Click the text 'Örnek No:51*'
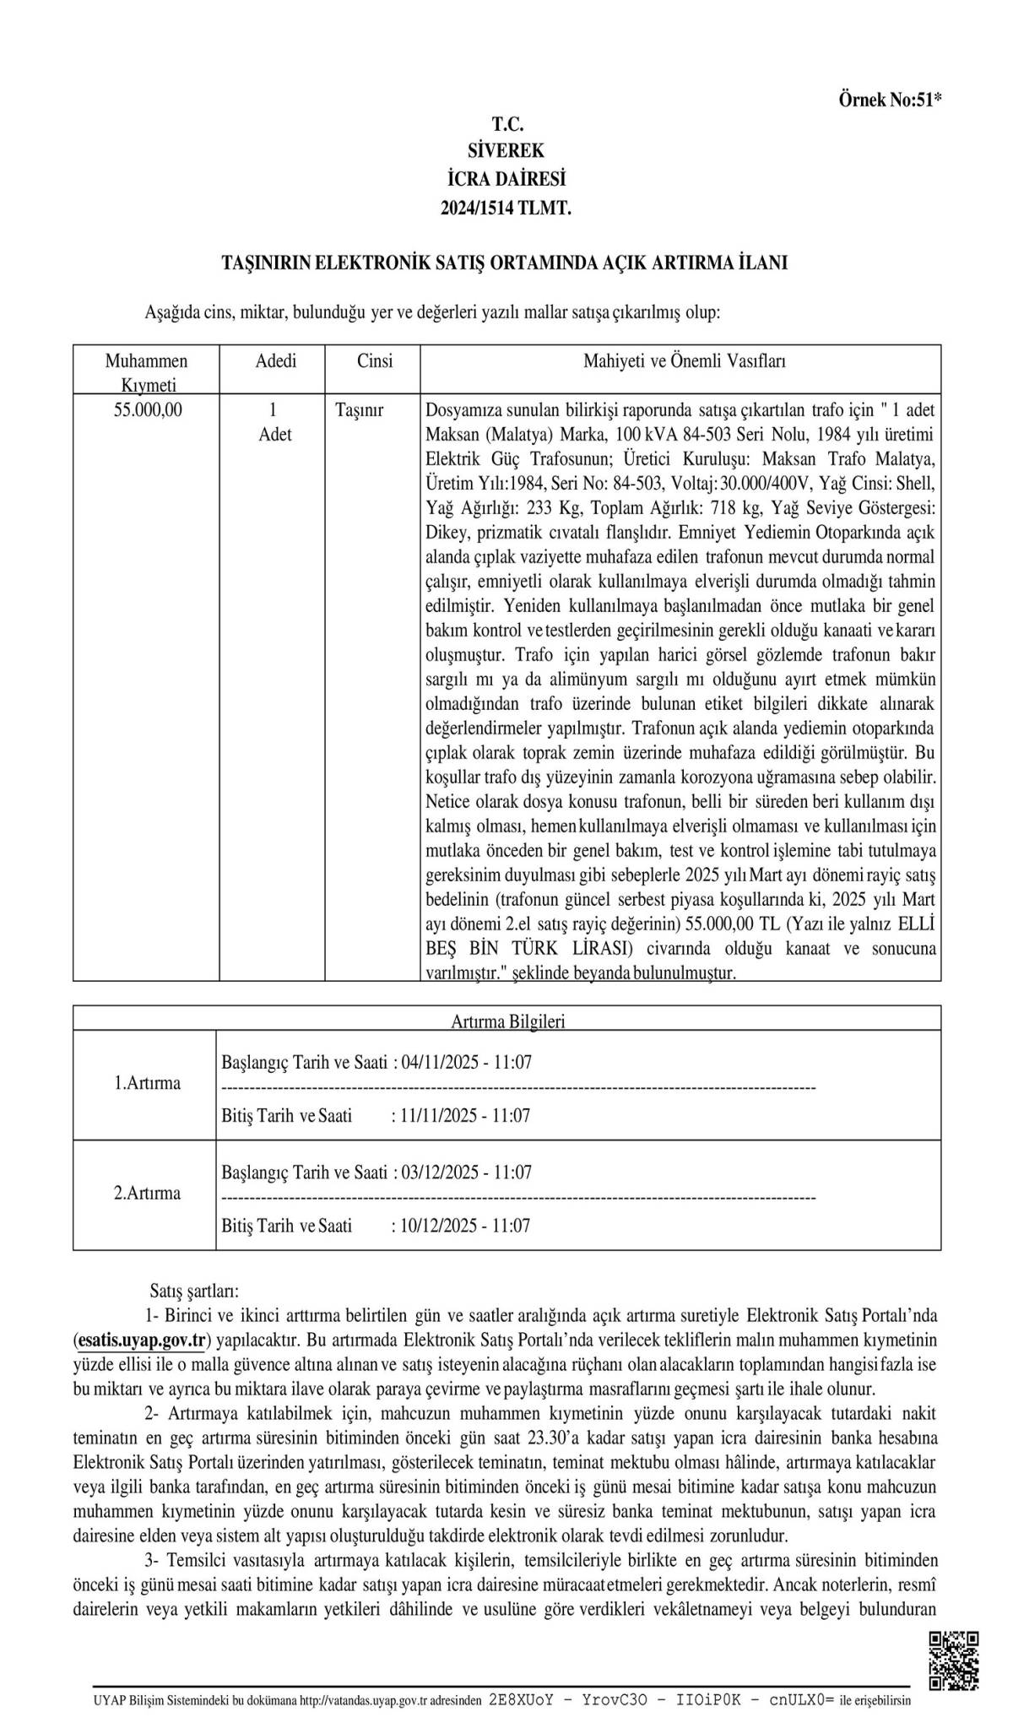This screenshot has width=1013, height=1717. click(x=890, y=100)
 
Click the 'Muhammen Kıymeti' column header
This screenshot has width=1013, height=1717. click(x=147, y=372)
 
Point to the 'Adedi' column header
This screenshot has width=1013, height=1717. click(x=276, y=361)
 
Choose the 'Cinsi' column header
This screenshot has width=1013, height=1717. click(x=375, y=361)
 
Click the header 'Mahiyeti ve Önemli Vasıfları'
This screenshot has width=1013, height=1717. click(x=685, y=361)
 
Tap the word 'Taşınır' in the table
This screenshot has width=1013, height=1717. click(x=360, y=410)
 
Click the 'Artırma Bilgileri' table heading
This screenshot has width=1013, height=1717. click(x=507, y=1021)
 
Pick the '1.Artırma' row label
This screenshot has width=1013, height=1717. click(x=147, y=1083)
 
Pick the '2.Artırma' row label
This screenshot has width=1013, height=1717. click(x=147, y=1193)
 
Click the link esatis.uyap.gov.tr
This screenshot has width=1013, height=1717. click(x=142, y=1340)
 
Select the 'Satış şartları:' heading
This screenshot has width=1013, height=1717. click(x=194, y=1291)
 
